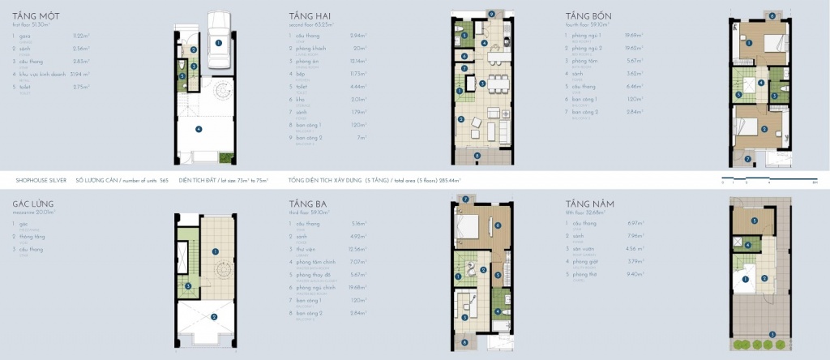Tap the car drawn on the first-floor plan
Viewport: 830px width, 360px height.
pos(218,43)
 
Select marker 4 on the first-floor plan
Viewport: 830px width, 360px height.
pos(199,127)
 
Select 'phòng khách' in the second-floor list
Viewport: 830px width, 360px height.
pos(309,48)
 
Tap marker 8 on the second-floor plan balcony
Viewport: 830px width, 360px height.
pos(477,155)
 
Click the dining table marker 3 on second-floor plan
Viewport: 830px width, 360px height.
pos(483,83)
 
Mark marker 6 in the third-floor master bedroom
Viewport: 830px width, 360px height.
pos(499,225)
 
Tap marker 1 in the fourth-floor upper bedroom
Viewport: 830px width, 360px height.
pos(751,41)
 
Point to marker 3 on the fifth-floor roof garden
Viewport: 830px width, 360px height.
pos(772,334)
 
